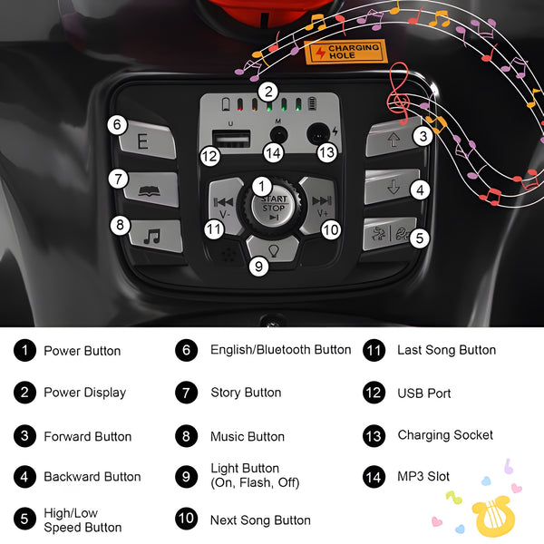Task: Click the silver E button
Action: tap(148, 141)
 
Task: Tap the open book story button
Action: tap(151, 189)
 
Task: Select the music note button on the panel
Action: tap(155, 236)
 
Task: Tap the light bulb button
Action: tap(273, 248)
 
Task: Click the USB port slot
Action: tap(231, 139)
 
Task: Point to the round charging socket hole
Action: tap(318, 134)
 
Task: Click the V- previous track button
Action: tap(226, 206)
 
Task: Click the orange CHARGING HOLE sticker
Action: tap(345, 52)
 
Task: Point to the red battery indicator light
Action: tap(239, 104)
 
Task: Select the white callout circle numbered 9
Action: tap(258, 267)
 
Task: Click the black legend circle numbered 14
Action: tap(374, 477)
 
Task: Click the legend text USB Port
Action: tap(424, 393)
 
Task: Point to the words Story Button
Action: tap(246, 393)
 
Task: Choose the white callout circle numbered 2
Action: tap(268, 92)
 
